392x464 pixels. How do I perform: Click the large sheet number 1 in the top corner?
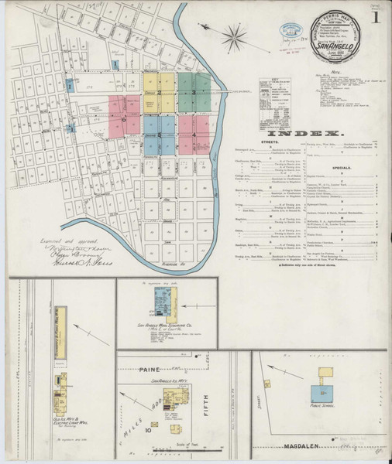click(375, 16)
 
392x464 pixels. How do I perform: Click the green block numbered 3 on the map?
click(194, 92)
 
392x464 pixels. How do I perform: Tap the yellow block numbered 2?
click(160, 92)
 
